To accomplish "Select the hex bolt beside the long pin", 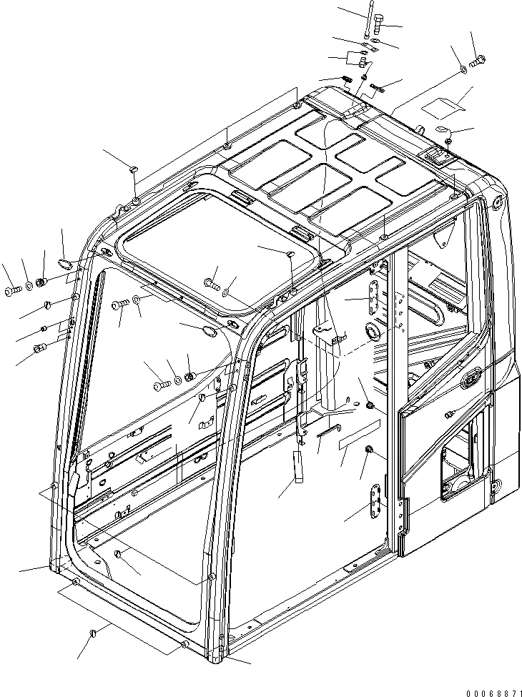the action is pos(379,29).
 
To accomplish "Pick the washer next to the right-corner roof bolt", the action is pos(463,69).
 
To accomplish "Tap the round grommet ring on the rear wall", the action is pos(372,332).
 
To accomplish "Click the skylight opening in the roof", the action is pos(218,247).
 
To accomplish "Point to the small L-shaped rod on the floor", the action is pos(331,430).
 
